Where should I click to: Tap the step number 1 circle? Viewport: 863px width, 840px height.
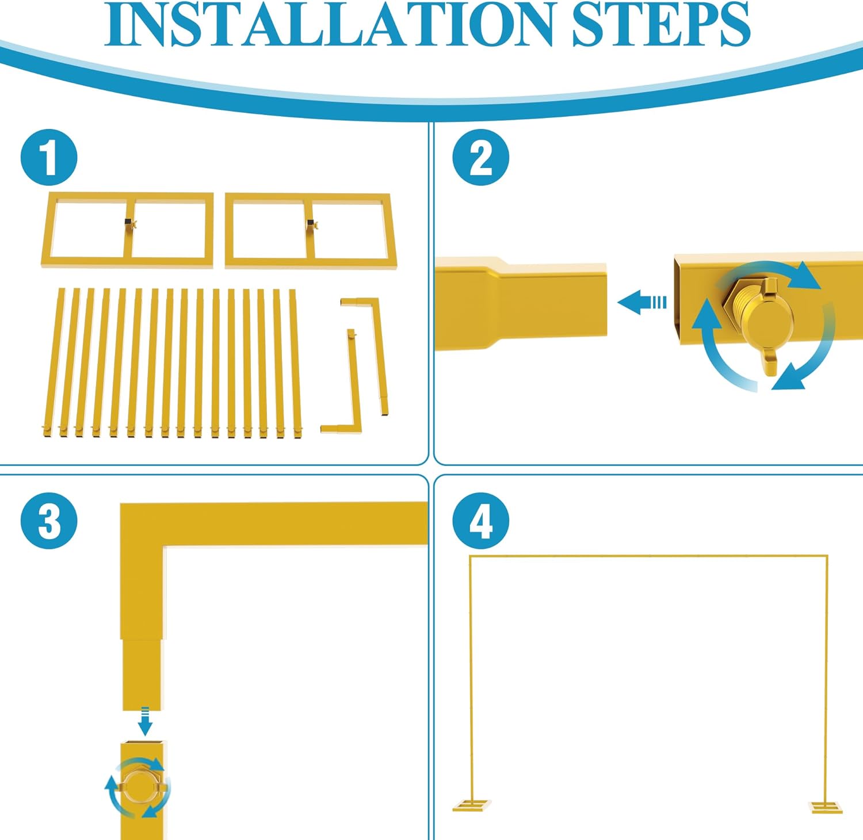49,157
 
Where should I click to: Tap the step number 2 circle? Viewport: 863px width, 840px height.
480,157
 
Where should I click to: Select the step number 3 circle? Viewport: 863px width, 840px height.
49,521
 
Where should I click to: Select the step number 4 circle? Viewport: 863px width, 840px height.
480,521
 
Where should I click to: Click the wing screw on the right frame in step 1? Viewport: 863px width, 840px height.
313,225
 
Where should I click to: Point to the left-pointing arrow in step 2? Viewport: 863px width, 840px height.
641,302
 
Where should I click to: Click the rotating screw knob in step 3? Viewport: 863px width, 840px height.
138,787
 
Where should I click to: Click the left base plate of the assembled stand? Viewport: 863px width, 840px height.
472,805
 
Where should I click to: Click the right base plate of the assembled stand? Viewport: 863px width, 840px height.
826,807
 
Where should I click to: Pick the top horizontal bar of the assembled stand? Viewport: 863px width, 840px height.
649,556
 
